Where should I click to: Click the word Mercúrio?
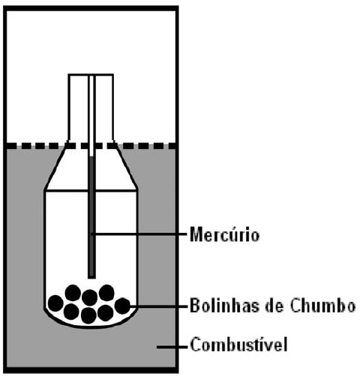[x=224, y=234]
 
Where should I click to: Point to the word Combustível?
[x=238, y=345]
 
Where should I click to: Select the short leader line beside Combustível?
[x=172, y=347]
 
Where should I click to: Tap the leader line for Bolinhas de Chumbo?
[x=158, y=306]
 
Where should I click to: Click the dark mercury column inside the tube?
[x=91, y=216]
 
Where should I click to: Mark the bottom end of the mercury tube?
[x=91, y=277]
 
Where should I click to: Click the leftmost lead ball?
[x=55, y=303]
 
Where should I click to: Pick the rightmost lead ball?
[x=122, y=306]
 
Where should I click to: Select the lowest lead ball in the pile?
[x=88, y=315]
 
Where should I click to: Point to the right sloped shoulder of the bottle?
[x=125, y=167]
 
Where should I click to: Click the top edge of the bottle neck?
[x=91, y=74]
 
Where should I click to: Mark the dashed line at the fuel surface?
[x=91, y=146]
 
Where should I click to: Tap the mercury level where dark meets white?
[x=91, y=157]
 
